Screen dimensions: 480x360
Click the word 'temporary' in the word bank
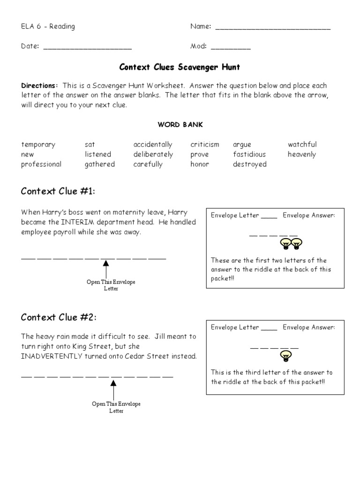38,145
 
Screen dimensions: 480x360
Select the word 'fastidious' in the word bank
249,155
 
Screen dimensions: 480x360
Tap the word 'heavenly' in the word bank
301,155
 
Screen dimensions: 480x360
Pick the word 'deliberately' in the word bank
153,155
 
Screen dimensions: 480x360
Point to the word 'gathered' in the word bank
99,165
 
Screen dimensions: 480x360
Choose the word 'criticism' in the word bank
204,145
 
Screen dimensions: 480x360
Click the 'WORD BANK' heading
180,125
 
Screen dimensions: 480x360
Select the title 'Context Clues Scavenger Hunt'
180,67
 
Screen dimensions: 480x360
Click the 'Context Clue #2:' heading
59,317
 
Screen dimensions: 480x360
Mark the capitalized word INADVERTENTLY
50,356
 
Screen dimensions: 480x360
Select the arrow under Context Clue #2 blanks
113,389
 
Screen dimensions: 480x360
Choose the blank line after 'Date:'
87,48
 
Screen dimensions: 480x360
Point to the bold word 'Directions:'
39,86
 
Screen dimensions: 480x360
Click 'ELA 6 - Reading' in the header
48,27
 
